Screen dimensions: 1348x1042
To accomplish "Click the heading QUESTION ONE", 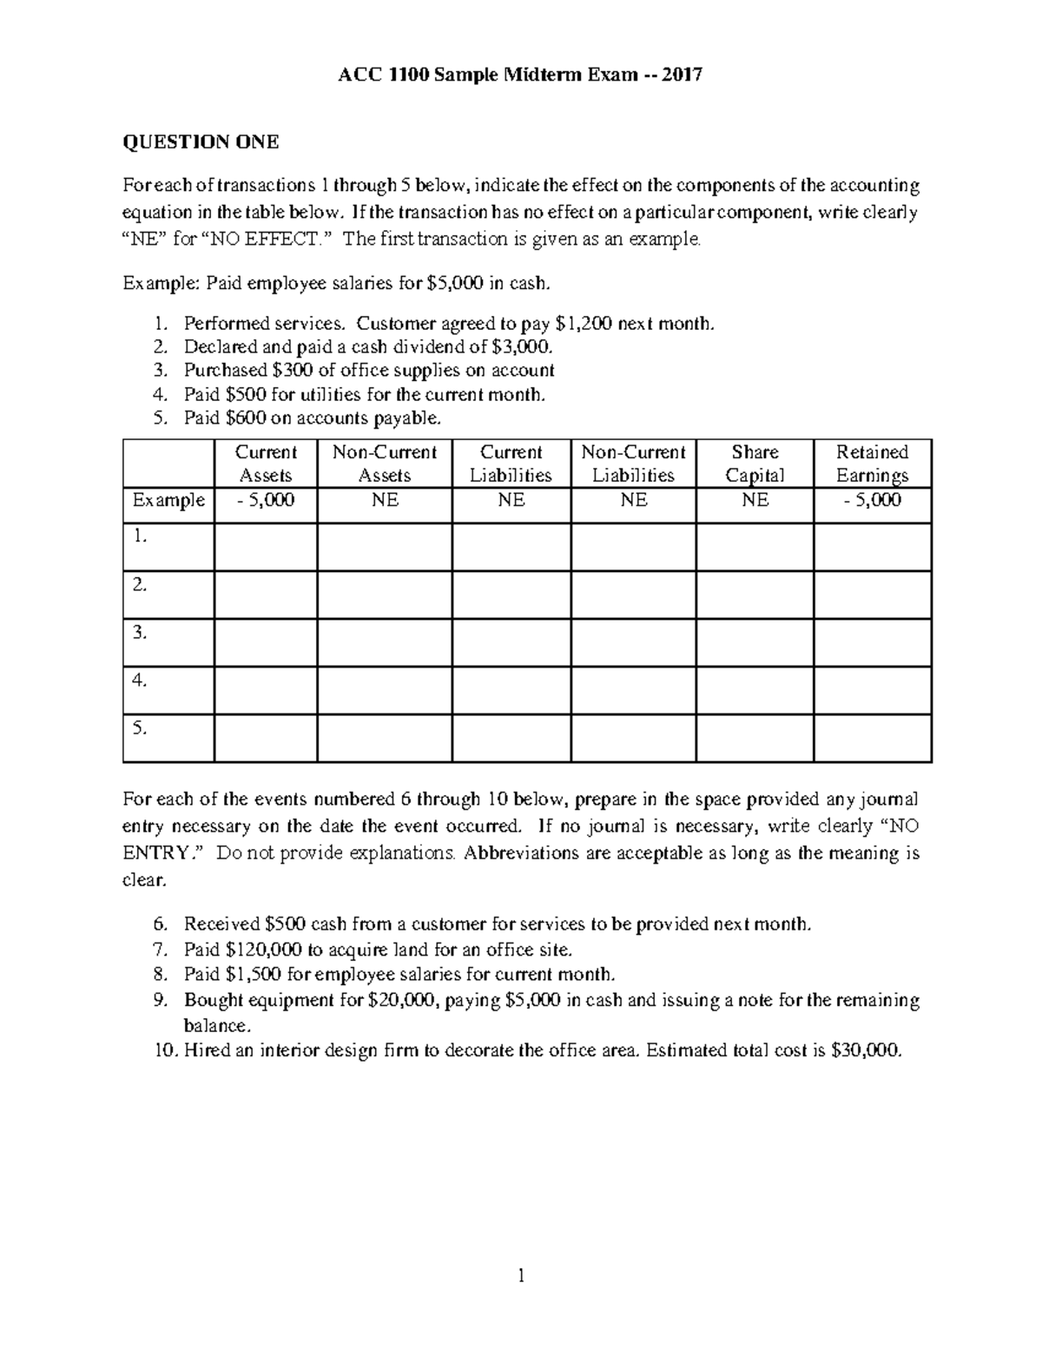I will pos(201,142).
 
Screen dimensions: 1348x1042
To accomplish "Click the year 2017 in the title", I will pos(682,75).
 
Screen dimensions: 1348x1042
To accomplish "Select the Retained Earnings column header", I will pos(872,464).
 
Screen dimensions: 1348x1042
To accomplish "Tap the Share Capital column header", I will pos(755,464).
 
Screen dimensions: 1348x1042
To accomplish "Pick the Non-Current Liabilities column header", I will pos(633,464).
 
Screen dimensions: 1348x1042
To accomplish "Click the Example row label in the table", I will pos(168,501).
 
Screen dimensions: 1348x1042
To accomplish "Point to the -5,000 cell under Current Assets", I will pos(266,501).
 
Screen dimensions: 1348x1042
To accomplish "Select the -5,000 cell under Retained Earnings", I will pos(872,501).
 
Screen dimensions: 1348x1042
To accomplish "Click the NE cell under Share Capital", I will pos(755,501).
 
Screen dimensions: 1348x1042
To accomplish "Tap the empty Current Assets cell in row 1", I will pos(266,547).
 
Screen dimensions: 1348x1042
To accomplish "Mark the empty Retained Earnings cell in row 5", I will pos(872,739).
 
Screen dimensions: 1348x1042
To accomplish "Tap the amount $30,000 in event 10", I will pos(866,1050).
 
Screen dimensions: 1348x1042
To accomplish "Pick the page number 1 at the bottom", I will pos(521,1275).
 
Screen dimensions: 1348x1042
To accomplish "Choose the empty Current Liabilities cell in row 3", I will pos(511,642).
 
